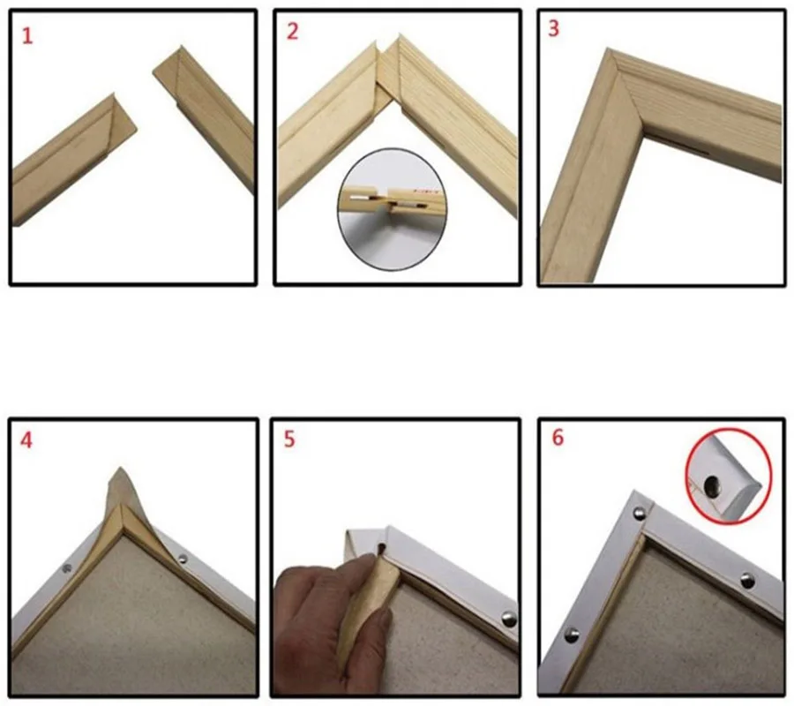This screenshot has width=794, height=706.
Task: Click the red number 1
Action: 27,36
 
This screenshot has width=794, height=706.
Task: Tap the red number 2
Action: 293,32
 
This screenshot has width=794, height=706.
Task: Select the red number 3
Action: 554,29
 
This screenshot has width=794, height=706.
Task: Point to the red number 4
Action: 26,440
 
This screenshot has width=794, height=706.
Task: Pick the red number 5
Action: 289,439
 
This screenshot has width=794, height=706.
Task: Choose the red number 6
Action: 558,438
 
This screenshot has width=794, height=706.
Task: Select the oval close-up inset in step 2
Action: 392,207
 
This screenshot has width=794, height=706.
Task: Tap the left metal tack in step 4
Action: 66,568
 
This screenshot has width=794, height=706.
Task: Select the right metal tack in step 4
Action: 182,559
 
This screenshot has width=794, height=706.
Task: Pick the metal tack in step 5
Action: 508,618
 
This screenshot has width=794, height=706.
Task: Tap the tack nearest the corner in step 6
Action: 640,514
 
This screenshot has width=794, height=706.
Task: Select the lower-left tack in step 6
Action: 573,635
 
